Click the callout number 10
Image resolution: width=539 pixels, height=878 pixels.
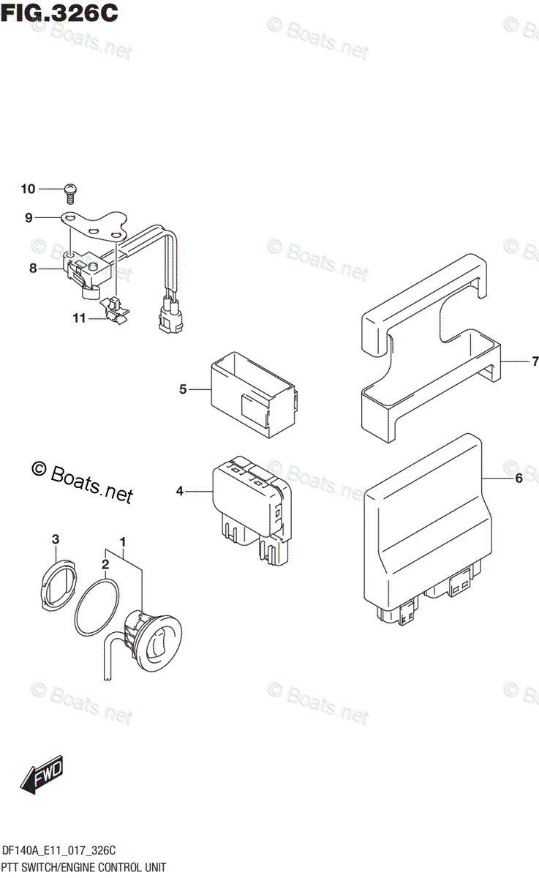[x=28, y=190]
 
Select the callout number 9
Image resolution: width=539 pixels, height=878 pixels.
[x=29, y=217]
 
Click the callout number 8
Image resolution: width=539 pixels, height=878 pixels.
[x=33, y=269]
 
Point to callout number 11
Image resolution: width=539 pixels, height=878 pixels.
[x=79, y=318]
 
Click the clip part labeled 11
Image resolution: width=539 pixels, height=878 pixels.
[x=116, y=309]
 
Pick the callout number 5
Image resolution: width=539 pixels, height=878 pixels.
[x=183, y=389]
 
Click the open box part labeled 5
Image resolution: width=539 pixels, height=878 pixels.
[x=253, y=395]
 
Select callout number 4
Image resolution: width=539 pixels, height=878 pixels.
[x=179, y=492]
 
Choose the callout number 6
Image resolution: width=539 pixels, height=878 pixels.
[x=519, y=479]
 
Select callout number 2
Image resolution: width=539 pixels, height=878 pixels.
[x=105, y=564]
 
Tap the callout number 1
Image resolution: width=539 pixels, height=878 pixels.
[x=124, y=542]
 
